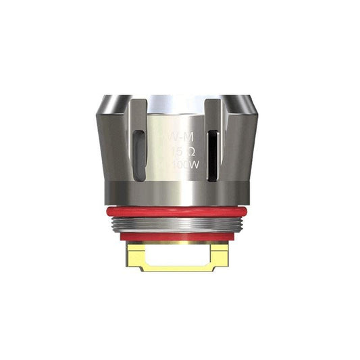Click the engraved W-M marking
(178, 138)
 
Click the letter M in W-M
(184, 138)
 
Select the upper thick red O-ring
(179, 211)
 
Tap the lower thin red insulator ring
(179, 237)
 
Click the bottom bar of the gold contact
(179, 268)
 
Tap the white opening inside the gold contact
(179, 255)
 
